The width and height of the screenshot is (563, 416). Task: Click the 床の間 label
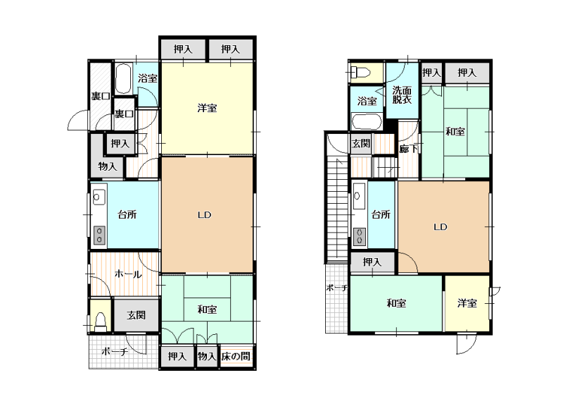coord(236,357)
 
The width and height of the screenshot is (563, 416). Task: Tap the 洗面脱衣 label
coord(402,95)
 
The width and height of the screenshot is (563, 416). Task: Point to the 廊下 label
coord(409,149)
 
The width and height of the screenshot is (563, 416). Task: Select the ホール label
coord(128,274)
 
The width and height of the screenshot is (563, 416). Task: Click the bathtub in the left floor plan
coord(124,79)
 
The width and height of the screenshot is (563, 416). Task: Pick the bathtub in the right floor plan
coord(367,121)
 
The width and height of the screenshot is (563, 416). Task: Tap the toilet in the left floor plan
coord(101,322)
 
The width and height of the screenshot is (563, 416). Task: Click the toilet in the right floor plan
coord(360,73)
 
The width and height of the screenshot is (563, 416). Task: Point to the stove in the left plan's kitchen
coord(99,235)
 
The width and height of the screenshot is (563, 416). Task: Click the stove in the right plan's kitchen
coord(360,236)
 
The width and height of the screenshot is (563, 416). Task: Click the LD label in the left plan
coord(204,215)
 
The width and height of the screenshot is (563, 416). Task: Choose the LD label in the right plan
coord(441,227)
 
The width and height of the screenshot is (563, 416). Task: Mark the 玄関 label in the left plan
coord(136,316)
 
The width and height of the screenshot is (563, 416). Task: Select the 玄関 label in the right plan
coord(361,144)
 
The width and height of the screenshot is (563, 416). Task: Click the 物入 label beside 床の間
coord(207,356)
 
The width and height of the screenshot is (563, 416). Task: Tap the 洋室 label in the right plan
coord(467,303)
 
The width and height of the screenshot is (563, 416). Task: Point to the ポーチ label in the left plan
coord(115,351)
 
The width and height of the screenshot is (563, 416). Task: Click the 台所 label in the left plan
coord(127,215)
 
